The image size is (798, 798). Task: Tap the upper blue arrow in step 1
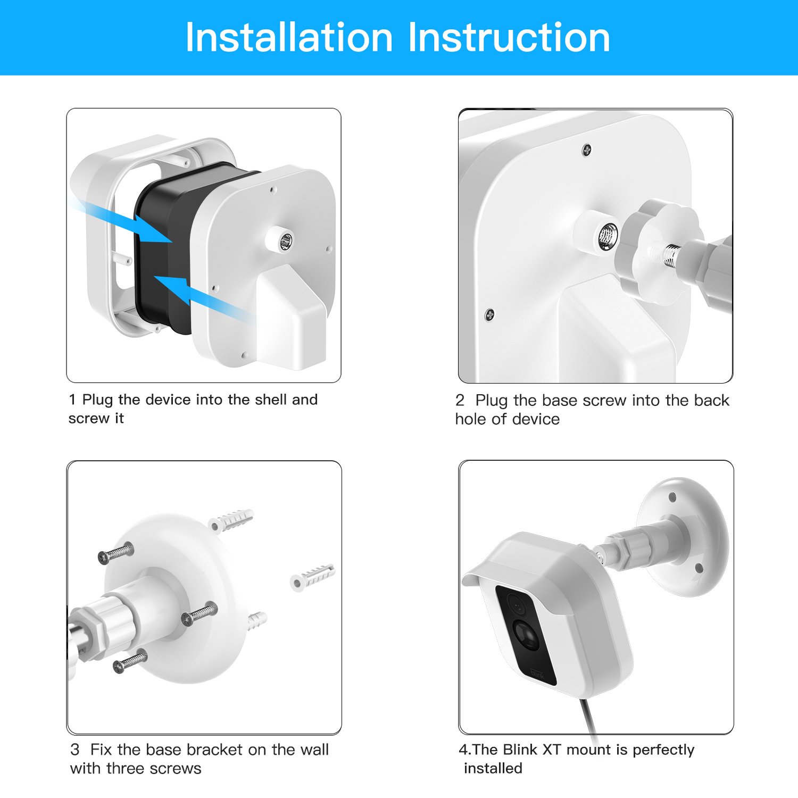click(122, 220)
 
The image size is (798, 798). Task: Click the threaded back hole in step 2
click(608, 235)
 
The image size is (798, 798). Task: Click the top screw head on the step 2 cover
click(586, 149)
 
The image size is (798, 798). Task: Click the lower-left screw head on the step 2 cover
click(489, 314)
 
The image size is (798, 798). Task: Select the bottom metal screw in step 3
click(130, 661)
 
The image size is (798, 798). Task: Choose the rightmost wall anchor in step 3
click(312, 576)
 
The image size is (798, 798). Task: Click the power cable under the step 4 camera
click(589, 718)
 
